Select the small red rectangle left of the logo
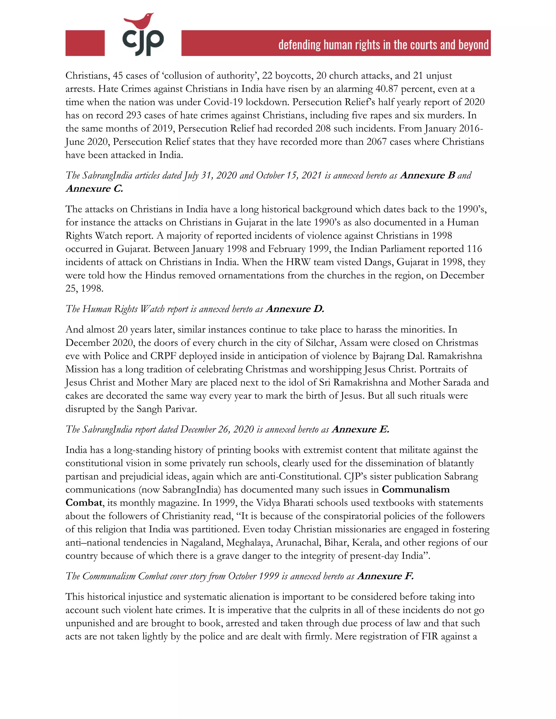pos(85,43)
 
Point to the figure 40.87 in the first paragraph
pos(387,89)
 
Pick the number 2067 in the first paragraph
pos(376,142)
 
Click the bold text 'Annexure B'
pos(428,175)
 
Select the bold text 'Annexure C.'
pos(94,189)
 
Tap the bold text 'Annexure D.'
pos(295,309)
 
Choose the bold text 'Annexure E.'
pos(360,429)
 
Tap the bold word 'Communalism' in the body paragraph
pos(415,489)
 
